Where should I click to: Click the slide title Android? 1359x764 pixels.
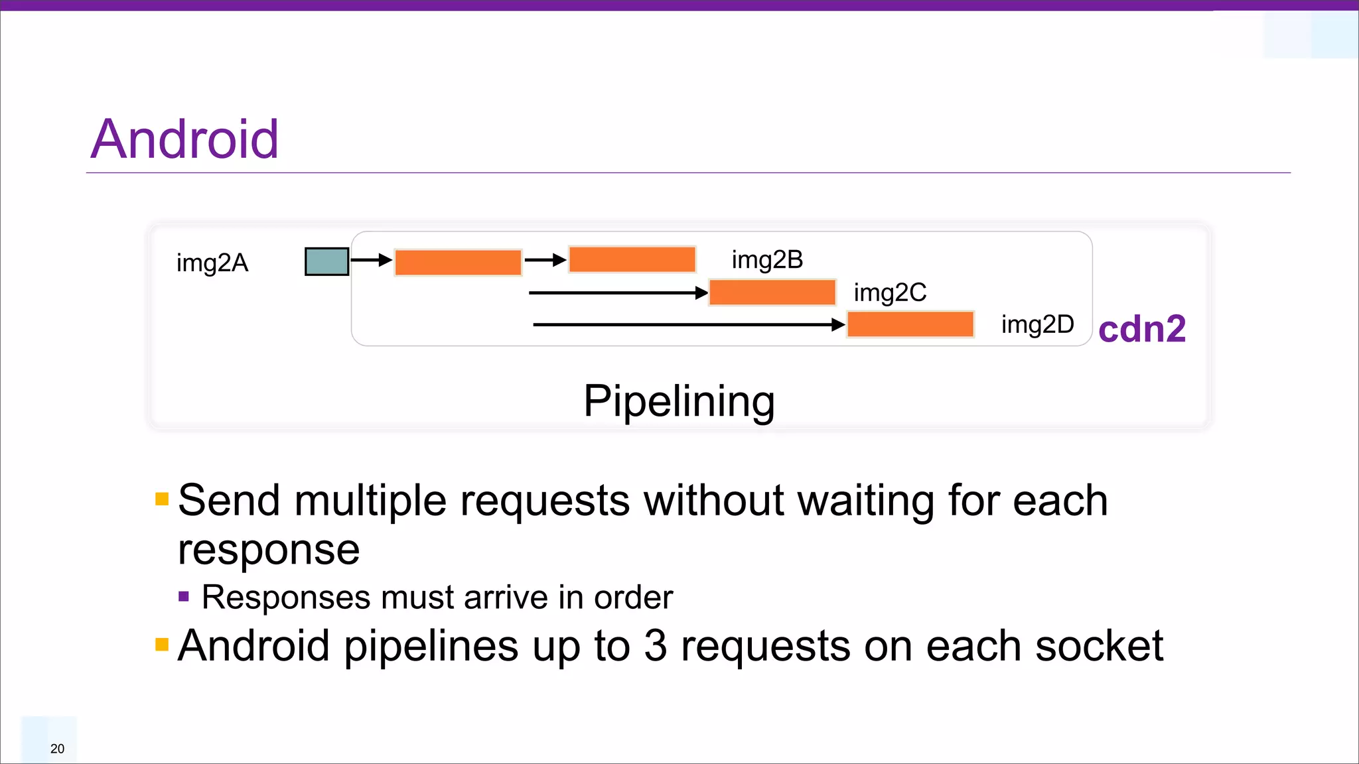(x=184, y=139)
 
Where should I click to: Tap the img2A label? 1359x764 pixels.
(x=212, y=263)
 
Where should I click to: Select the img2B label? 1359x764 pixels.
(x=767, y=260)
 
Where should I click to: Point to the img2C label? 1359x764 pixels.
(x=890, y=292)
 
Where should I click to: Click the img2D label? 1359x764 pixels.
(x=1037, y=325)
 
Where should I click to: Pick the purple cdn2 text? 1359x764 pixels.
(x=1141, y=329)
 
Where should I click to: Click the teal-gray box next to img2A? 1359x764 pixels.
(x=326, y=261)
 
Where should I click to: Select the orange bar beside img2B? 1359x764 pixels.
(x=632, y=259)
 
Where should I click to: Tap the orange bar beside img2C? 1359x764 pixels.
(x=772, y=292)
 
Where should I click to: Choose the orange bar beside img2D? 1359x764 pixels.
(x=910, y=325)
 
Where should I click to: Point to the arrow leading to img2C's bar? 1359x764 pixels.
(x=617, y=292)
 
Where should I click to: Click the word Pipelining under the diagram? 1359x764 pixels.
(x=679, y=401)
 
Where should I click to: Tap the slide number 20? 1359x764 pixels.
(x=58, y=749)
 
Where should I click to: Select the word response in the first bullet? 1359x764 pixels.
(x=269, y=550)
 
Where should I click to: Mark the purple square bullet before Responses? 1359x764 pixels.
(x=184, y=597)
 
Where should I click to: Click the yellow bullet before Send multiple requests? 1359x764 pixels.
(x=162, y=499)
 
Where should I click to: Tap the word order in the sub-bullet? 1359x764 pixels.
(x=633, y=598)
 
